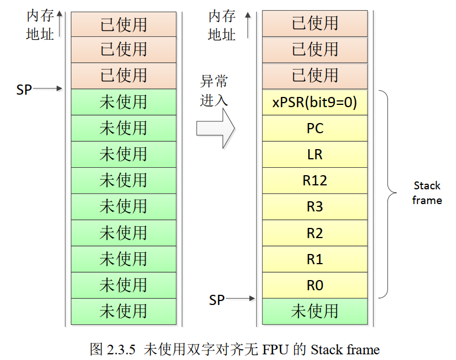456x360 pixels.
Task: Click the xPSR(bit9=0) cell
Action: [x=315, y=103]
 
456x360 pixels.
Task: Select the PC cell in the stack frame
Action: [x=315, y=129]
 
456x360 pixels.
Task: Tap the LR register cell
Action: [x=315, y=155]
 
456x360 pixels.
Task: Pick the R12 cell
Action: [x=315, y=181]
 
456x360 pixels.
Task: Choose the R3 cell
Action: [x=315, y=207]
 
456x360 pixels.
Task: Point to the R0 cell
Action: [x=315, y=285]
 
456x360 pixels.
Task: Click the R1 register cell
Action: [x=315, y=259]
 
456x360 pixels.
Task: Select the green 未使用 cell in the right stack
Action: [x=315, y=311]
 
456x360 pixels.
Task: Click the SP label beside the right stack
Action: [x=217, y=299]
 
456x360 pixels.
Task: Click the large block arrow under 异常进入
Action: [x=215, y=128]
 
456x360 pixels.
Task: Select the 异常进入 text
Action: [x=214, y=91]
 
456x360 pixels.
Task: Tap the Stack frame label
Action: [x=427, y=193]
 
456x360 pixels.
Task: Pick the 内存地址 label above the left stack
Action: [x=40, y=26]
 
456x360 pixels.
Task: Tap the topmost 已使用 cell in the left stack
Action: [x=123, y=24]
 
